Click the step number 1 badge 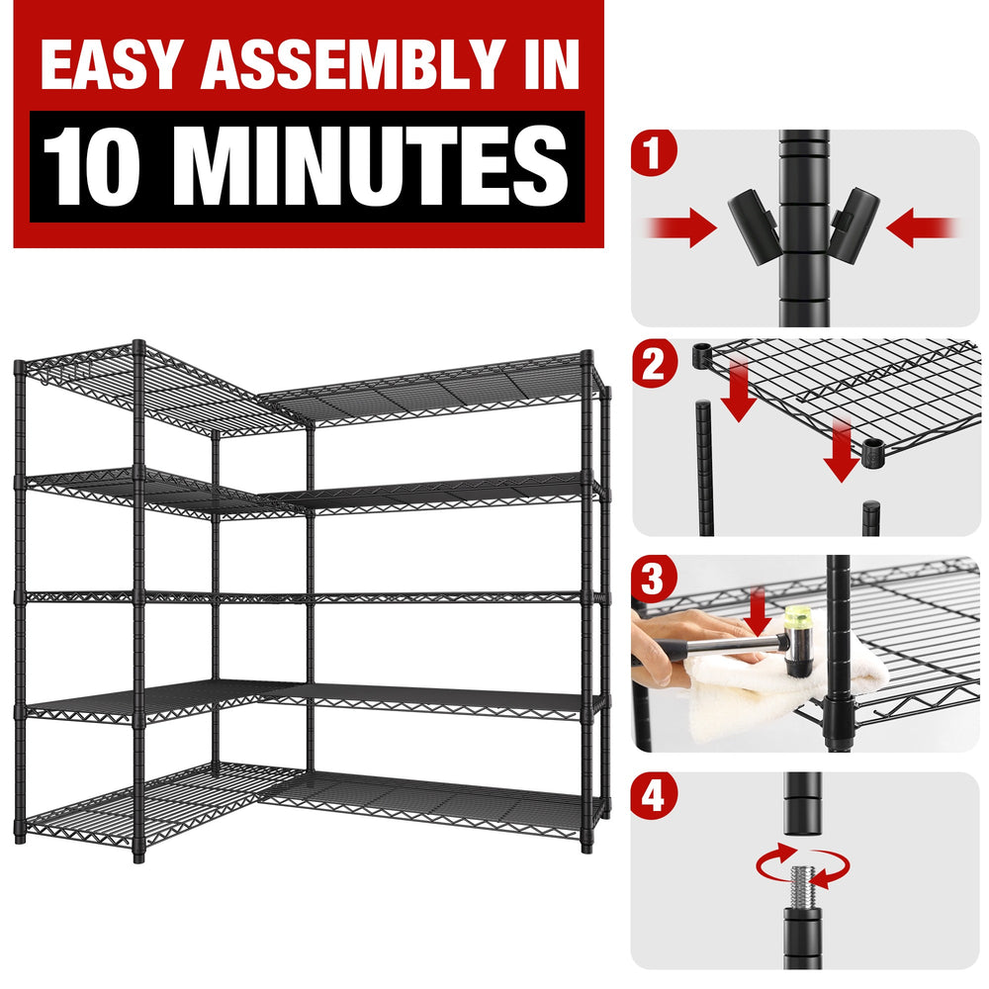(654, 152)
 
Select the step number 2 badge (654, 364)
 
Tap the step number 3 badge (654, 579)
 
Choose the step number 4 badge (654, 795)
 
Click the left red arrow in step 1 (681, 227)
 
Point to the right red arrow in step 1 (922, 227)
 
